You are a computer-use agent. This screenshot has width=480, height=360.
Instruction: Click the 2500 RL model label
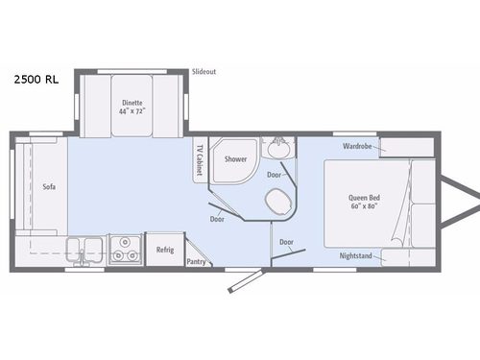pos(36,80)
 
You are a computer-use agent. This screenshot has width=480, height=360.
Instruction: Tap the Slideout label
pos(204,71)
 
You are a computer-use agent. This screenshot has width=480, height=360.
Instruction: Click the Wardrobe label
pos(357,147)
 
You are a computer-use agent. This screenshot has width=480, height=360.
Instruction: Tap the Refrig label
pos(164,250)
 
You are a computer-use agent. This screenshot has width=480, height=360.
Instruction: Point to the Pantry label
pos(196,260)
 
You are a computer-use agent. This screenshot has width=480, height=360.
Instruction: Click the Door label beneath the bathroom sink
pos(275,175)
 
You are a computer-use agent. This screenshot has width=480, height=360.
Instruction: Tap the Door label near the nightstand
pos(287,243)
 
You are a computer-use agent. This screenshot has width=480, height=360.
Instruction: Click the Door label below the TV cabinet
pos(218,218)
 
